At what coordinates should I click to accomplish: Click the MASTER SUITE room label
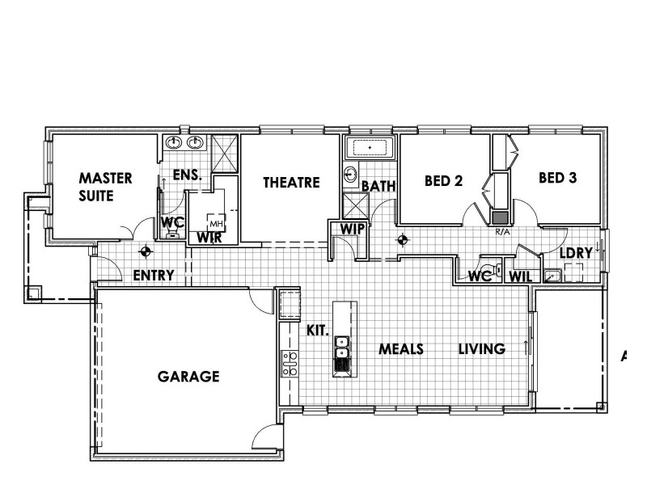point(105,187)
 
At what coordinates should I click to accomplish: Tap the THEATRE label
point(291,183)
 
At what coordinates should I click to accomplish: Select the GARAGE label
point(188,377)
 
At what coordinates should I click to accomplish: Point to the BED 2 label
point(443,180)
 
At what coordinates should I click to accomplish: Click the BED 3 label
point(557,178)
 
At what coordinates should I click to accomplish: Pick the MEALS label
point(401,349)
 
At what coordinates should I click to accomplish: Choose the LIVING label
point(482,349)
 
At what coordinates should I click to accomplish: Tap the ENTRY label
point(154,275)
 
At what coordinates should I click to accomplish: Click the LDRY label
point(576,253)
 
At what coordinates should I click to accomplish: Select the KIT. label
point(317,331)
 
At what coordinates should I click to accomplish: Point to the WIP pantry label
point(353,229)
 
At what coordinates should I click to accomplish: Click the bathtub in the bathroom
point(370,147)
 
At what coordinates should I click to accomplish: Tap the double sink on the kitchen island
point(341,348)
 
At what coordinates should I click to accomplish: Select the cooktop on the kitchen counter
point(290,364)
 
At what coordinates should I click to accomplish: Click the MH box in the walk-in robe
point(216,223)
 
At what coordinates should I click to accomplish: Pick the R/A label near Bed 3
point(502,232)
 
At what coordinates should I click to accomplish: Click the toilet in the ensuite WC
point(172,235)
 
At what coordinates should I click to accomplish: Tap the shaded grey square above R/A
point(500,217)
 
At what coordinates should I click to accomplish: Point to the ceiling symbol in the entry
point(146,251)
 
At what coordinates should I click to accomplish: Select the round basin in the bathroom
point(350,174)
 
